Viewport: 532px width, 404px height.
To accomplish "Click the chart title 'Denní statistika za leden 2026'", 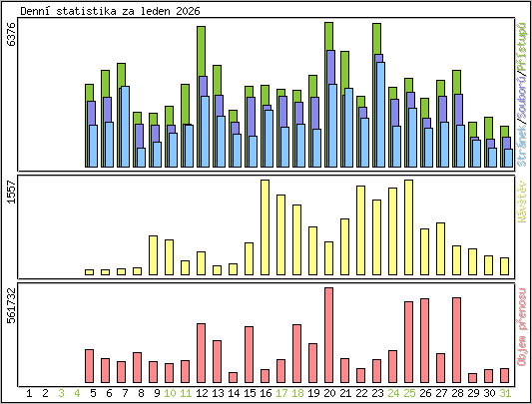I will [103, 9].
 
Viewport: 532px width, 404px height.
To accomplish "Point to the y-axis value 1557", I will [11, 193].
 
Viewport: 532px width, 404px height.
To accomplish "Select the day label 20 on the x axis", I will [328, 394].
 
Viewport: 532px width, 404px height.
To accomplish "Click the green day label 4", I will [77, 394].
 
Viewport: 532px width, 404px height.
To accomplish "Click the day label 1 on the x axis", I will [29, 394].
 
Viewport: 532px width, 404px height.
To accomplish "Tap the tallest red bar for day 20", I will [328, 335].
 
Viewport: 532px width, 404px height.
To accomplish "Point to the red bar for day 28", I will [456, 340].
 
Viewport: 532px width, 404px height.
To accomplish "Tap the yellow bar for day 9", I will [153, 255].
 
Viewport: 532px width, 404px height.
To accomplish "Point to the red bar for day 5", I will [89, 366].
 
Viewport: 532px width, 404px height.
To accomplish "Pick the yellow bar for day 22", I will [360, 230].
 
